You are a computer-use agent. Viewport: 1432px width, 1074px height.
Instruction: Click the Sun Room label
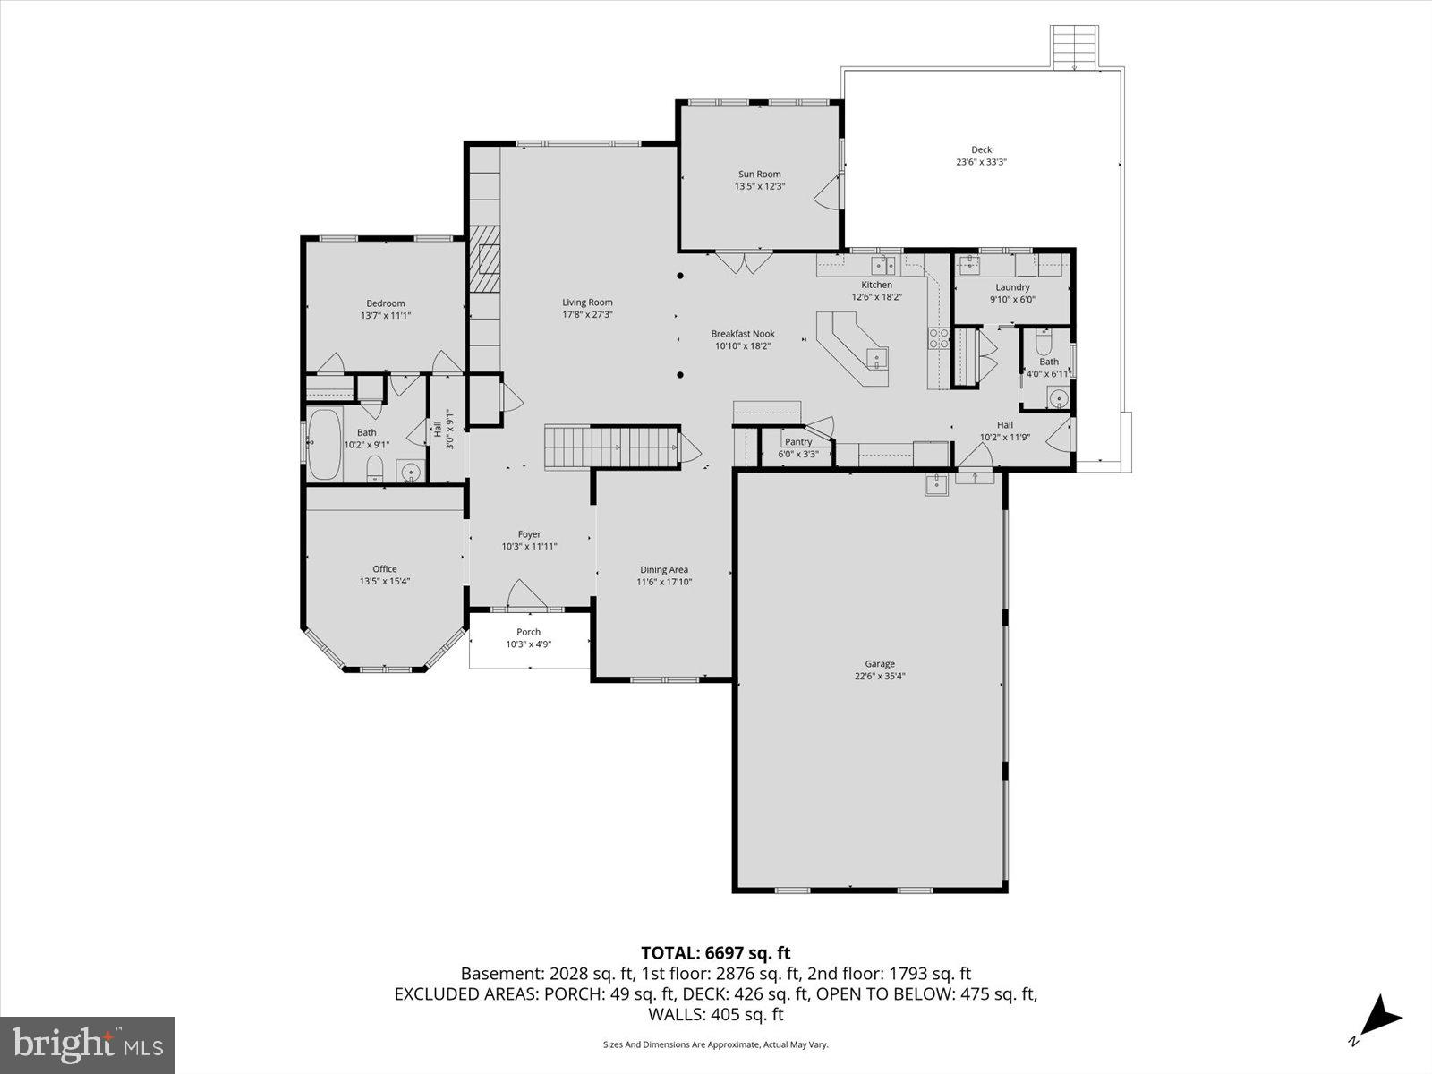coord(759,175)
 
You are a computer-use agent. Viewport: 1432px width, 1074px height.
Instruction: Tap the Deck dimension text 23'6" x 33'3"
coord(981,163)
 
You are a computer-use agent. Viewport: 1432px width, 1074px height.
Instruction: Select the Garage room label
coord(879,664)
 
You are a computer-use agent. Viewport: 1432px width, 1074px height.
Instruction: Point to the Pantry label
coord(797,442)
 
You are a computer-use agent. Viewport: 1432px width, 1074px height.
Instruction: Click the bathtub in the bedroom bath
coord(324,445)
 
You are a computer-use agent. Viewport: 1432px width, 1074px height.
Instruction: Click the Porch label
coord(528,632)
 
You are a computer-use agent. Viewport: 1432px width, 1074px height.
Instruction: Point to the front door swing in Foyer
coord(524,594)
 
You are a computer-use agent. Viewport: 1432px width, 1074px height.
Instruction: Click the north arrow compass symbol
coord(1381,1016)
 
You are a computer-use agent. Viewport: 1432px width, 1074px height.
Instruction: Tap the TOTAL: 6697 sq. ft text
coord(715,953)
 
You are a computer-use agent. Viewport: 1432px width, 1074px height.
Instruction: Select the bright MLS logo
coord(88,1044)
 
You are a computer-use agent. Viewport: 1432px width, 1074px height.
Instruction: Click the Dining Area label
coord(664,570)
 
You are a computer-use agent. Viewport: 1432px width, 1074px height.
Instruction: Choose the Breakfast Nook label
coord(743,334)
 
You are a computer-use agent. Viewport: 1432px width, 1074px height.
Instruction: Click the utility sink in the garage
coord(936,484)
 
